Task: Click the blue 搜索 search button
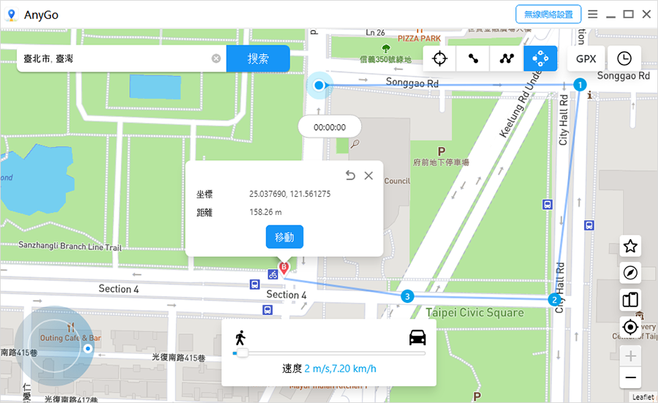(x=258, y=59)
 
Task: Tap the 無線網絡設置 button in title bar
(x=548, y=14)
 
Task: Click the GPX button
(x=586, y=59)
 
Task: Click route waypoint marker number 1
(x=580, y=85)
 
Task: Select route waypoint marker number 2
(x=555, y=300)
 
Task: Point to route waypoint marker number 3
(x=407, y=296)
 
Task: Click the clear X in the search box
(x=216, y=59)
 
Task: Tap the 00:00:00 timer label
(x=329, y=127)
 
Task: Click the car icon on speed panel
(x=417, y=337)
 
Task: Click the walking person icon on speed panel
(x=240, y=337)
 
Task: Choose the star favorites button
(x=630, y=246)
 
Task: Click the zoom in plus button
(x=630, y=356)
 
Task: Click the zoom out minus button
(x=630, y=378)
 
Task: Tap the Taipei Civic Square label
(x=474, y=312)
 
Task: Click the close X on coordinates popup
(x=368, y=176)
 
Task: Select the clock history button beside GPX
(x=624, y=59)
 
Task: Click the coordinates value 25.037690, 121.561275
(x=290, y=194)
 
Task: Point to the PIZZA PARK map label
(x=419, y=38)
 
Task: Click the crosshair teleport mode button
(x=439, y=59)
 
